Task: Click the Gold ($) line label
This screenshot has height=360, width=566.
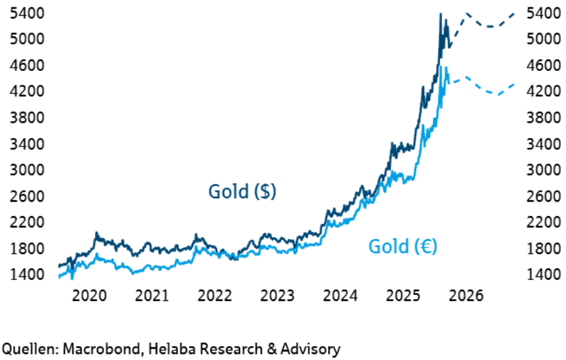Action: coord(242,192)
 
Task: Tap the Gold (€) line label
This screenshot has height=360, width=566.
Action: coord(403,247)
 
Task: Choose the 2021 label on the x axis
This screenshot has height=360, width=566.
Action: coord(153,294)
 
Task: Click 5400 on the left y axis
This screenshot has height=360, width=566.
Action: coord(25,13)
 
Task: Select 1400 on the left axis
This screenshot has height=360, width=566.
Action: coord(25,274)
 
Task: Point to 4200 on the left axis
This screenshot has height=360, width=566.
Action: coord(25,91)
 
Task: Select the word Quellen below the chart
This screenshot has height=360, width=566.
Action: coord(26,348)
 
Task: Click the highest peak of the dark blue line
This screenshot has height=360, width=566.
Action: coord(441,13)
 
